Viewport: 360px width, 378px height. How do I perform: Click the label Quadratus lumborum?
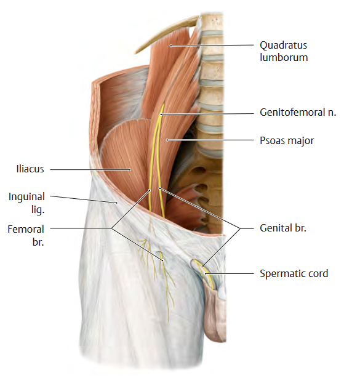(x=284, y=51)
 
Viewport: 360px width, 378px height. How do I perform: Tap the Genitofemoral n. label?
(x=298, y=112)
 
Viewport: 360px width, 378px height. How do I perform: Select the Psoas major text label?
(x=287, y=140)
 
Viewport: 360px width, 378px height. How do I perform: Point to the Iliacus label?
(x=30, y=169)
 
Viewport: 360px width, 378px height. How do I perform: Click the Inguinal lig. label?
(x=26, y=203)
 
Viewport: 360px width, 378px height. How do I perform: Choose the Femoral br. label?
(x=26, y=235)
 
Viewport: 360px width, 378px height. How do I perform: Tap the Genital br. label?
(x=283, y=228)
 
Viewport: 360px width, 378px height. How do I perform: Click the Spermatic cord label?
(x=294, y=273)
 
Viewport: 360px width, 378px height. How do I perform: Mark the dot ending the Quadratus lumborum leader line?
(x=170, y=46)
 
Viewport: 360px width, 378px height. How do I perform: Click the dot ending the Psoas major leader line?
(x=167, y=140)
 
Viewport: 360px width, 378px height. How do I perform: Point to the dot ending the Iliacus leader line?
(x=130, y=170)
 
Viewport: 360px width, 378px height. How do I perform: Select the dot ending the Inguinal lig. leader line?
(x=117, y=203)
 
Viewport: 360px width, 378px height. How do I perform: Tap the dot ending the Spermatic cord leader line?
(x=206, y=273)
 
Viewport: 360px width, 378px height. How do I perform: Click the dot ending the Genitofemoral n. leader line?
(x=161, y=115)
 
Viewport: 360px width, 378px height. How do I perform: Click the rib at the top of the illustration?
(x=166, y=34)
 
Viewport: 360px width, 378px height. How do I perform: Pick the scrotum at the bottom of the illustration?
(x=214, y=313)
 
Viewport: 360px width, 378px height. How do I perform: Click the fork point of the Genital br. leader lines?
(x=240, y=228)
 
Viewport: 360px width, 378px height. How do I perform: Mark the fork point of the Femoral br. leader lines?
(x=111, y=228)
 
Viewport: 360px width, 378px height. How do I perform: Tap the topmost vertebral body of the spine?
(x=212, y=22)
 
